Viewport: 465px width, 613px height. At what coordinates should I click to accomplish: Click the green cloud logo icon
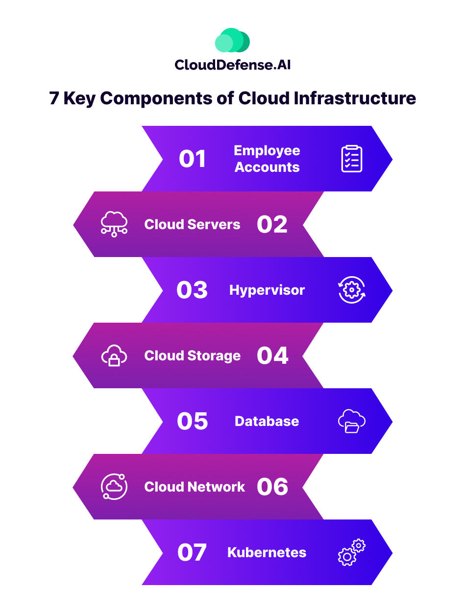pos(232,41)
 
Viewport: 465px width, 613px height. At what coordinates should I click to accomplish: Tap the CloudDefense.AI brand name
pos(232,64)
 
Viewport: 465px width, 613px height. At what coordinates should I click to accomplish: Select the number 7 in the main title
pos(54,98)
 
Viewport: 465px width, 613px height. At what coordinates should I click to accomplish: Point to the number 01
pos(192,159)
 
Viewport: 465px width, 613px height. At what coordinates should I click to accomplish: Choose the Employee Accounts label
pos(267,159)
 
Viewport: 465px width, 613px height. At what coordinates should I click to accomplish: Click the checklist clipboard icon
pos(352,159)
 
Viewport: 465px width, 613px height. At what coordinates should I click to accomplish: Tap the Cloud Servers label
pos(192,225)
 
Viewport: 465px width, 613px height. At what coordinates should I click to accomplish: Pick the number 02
pos(272,225)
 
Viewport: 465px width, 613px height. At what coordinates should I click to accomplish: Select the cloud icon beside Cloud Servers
pos(114,225)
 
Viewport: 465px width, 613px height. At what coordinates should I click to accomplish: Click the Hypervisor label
pos(267,290)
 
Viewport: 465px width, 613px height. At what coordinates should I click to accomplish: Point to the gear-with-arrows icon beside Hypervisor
pos(352,290)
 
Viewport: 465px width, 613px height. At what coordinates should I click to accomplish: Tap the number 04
pos(272,356)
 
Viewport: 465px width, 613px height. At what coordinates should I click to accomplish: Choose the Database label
pos(267,422)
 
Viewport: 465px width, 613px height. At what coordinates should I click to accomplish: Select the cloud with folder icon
pos(352,422)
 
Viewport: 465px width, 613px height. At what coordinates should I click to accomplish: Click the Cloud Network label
pos(195,487)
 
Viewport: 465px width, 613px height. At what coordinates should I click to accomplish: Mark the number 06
pos(272,487)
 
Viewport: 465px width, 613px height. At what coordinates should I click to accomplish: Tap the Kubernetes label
pos(267,553)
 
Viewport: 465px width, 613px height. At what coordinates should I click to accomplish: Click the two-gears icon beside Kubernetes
pos(352,553)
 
